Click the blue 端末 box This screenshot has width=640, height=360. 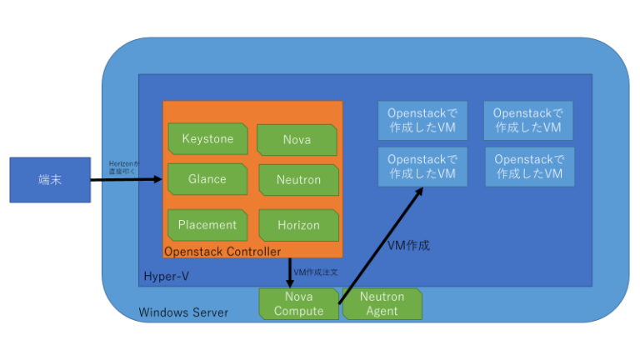[50, 179]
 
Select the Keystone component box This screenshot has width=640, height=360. [207, 138]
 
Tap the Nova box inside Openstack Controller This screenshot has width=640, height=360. [297, 139]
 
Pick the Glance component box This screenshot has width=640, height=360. [207, 179]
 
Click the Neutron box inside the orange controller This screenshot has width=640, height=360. [297, 180]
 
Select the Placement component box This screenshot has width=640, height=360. [207, 225]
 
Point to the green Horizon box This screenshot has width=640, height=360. [297, 225]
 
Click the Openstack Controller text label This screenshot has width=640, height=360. [222, 251]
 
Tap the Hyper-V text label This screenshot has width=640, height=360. [162, 276]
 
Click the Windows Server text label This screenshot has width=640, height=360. [182, 312]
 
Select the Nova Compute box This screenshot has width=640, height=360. [298, 304]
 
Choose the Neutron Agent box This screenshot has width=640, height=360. [382, 304]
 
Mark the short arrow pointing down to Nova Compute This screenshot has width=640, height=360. [289, 273]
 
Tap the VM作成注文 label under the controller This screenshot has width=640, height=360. [316, 272]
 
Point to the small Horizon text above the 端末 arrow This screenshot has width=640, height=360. [124, 167]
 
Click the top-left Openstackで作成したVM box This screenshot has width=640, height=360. [422, 120]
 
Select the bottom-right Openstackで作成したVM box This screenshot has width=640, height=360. [529, 166]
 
